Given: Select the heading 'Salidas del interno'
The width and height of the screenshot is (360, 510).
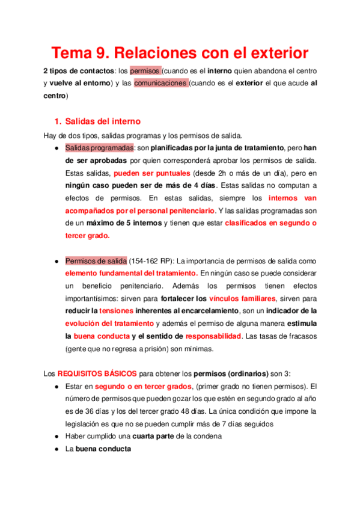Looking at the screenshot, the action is point(102,120).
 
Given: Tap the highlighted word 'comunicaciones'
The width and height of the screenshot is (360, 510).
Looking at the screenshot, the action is point(160,84).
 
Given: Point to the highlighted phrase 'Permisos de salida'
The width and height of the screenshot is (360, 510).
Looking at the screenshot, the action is point(96,261).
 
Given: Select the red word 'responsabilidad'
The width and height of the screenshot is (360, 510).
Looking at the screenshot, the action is point(213,336).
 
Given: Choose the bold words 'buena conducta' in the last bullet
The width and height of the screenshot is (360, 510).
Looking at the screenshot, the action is point(102,449).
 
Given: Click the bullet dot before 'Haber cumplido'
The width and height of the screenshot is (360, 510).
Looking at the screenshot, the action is point(56,437).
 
